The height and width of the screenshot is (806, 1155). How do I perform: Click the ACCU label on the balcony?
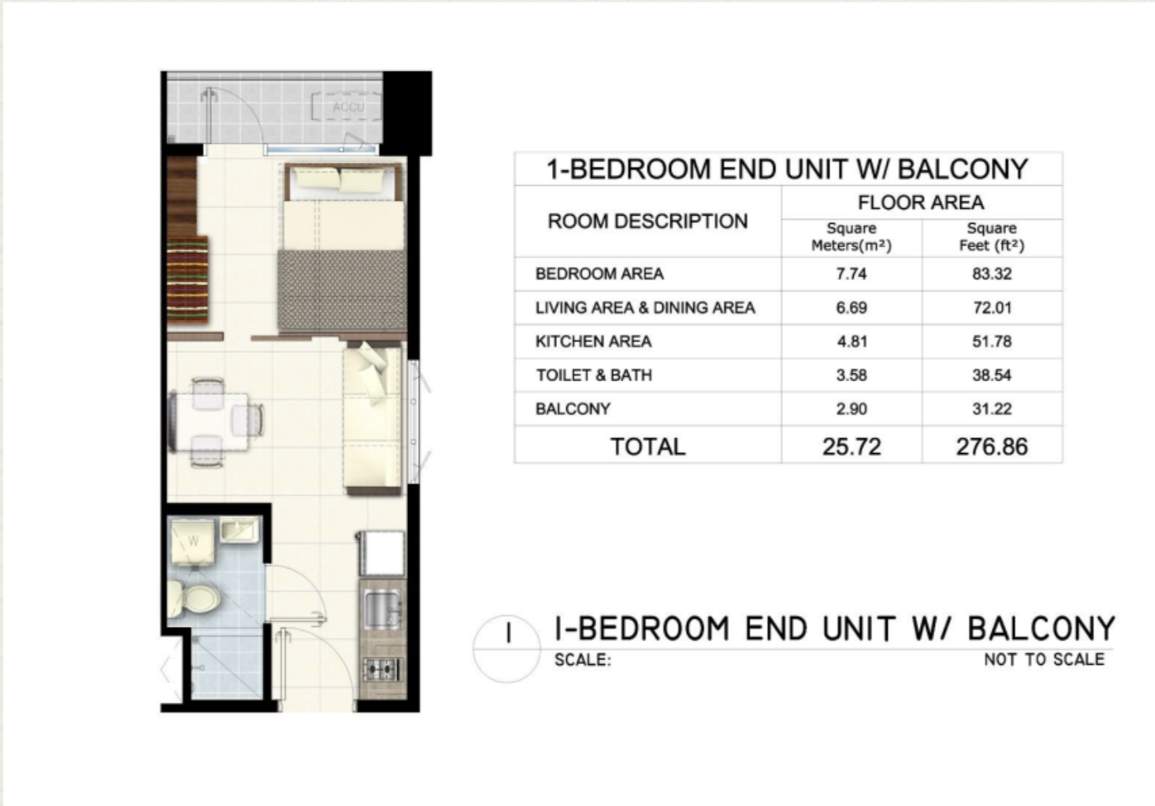pyautogui.click(x=348, y=107)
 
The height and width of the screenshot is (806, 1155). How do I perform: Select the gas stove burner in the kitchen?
pyautogui.click(x=382, y=670)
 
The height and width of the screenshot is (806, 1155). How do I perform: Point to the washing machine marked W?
pyautogui.click(x=191, y=542)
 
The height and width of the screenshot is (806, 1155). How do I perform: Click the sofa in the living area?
pyautogui.click(x=373, y=418)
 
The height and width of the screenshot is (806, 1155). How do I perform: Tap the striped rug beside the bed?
pyautogui.click(x=188, y=280)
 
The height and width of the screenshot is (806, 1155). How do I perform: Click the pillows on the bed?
pyautogui.click(x=338, y=181)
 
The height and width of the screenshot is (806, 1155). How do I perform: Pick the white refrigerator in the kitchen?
pyautogui.click(x=381, y=554)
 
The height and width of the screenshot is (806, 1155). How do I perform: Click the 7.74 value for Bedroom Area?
pyautogui.click(x=852, y=274)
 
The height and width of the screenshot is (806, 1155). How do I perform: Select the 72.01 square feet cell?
pyautogui.click(x=992, y=308)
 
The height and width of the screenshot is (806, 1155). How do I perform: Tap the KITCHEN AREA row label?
pyautogui.click(x=593, y=341)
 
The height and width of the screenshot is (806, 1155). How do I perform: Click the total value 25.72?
pyautogui.click(x=852, y=447)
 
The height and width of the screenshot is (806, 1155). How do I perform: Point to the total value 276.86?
pyautogui.click(x=992, y=447)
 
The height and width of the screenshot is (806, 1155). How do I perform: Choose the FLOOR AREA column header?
pyautogui.click(x=922, y=202)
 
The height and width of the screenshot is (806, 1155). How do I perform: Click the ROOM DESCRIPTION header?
pyautogui.click(x=648, y=221)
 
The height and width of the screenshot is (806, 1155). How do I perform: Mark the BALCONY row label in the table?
pyautogui.click(x=573, y=409)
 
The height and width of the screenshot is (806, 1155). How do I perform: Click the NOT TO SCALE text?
pyautogui.click(x=1044, y=659)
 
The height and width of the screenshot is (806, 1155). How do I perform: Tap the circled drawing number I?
pyautogui.click(x=509, y=633)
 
